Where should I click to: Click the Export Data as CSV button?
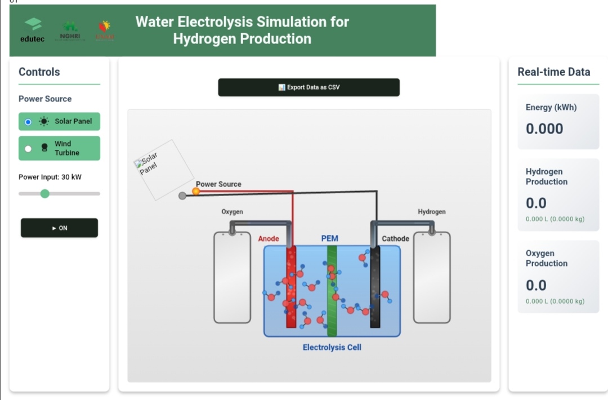(x=309, y=87)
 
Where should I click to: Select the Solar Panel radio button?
(x=28, y=122)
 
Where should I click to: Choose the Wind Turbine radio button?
(x=28, y=149)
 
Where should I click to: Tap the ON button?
(x=59, y=228)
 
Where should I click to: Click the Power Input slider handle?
(x=45, y=194)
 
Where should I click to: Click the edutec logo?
(x=33, y=30)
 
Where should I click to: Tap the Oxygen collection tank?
(x=232, y=277)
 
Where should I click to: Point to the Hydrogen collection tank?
(x=432, y=277)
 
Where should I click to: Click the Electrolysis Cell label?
(x=332, y=348)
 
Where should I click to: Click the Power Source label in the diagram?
(x=218, y=184)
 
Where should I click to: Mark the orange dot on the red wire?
(x=196, y=192)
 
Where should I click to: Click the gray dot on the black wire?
(x=182, y=196)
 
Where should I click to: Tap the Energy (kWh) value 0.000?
(x=544, y=129)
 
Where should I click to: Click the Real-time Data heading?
(x=554, y=72)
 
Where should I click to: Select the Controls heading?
(x=39, y=72)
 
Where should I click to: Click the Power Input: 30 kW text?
(x=50, y=177)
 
